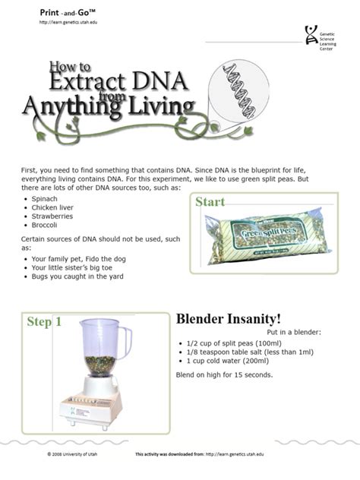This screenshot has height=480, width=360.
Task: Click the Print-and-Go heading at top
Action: (x=68, y=14)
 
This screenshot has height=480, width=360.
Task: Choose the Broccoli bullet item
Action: (x=46, y=225)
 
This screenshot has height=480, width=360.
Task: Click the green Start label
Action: (x=210, y=202)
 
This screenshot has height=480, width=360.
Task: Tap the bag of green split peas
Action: (x=263, y=237)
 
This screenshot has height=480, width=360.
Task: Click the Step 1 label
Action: (x=44, y=322)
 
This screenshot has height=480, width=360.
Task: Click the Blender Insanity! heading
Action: (x=229, y=319)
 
